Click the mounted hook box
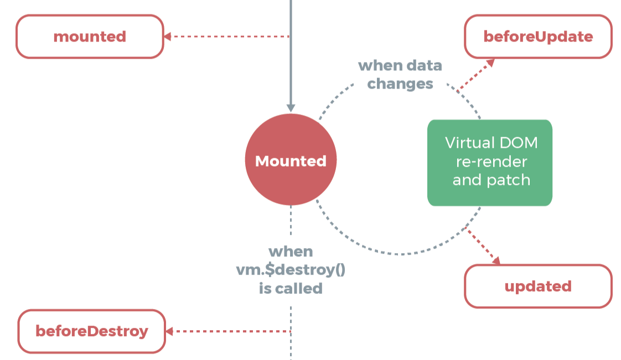pos(90,37)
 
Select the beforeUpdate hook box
pos(538,37)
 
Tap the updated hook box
pos(538,286)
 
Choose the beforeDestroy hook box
pos(92,331)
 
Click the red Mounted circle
pos(291,161)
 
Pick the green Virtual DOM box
pos(490,163)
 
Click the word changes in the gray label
pos(400,84)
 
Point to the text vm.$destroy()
pos(291,270)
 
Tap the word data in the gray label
pos(423,66)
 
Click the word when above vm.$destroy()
pos(291,251)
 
